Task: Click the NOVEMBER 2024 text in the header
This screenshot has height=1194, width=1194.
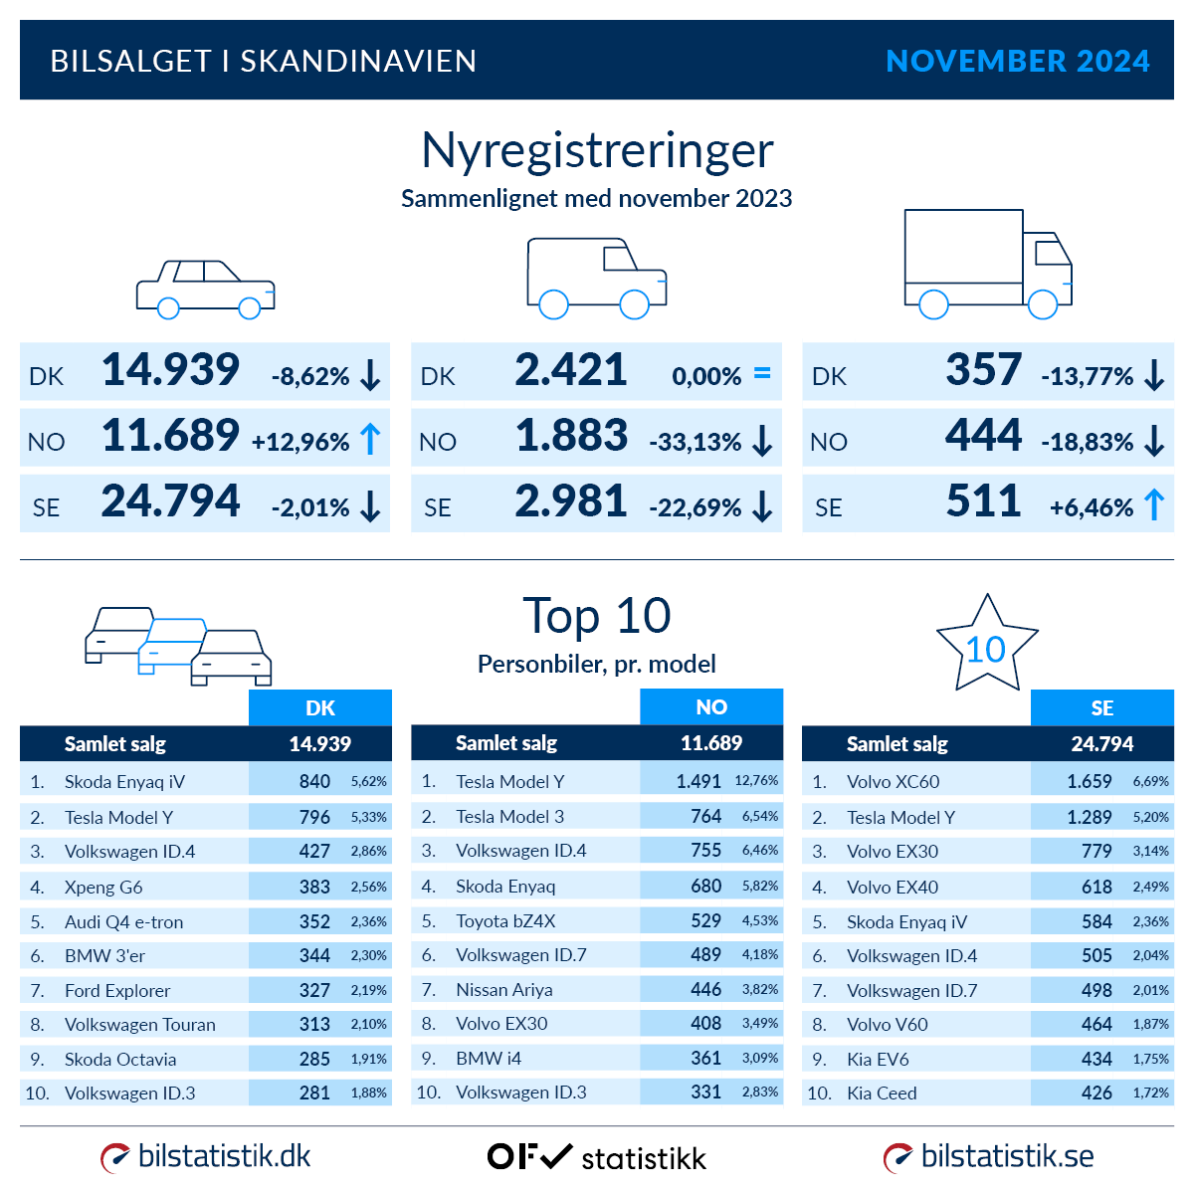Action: (1017, 61)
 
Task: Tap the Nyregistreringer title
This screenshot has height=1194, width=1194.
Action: (597, 150)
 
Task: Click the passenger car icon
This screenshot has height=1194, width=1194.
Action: (205, 289)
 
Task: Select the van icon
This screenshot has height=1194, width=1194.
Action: (596, 278)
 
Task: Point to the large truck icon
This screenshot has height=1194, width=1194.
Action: (987, 264)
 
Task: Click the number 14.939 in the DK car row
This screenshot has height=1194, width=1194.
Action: (170, 370)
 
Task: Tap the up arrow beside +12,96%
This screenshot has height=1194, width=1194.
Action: (370, 439)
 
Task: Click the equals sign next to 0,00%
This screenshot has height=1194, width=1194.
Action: (762, 374)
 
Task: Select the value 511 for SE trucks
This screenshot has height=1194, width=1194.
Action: (983, 501)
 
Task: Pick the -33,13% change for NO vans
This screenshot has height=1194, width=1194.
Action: (696, 442)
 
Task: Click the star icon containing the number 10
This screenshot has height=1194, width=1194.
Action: (986, 646)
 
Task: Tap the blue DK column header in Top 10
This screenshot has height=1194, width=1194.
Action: (319, 707)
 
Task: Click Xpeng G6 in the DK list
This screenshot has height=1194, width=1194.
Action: (103, 887)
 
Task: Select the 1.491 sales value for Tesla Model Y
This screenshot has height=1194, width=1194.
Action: (698, 781)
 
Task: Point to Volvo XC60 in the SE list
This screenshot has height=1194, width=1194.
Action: (893, 781)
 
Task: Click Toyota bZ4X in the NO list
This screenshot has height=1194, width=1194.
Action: (505, 920)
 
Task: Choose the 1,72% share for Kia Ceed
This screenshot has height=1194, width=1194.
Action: (1150, 1093)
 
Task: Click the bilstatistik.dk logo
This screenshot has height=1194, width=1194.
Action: (206, 1156)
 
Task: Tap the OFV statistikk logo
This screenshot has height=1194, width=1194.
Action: (597, 1157)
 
